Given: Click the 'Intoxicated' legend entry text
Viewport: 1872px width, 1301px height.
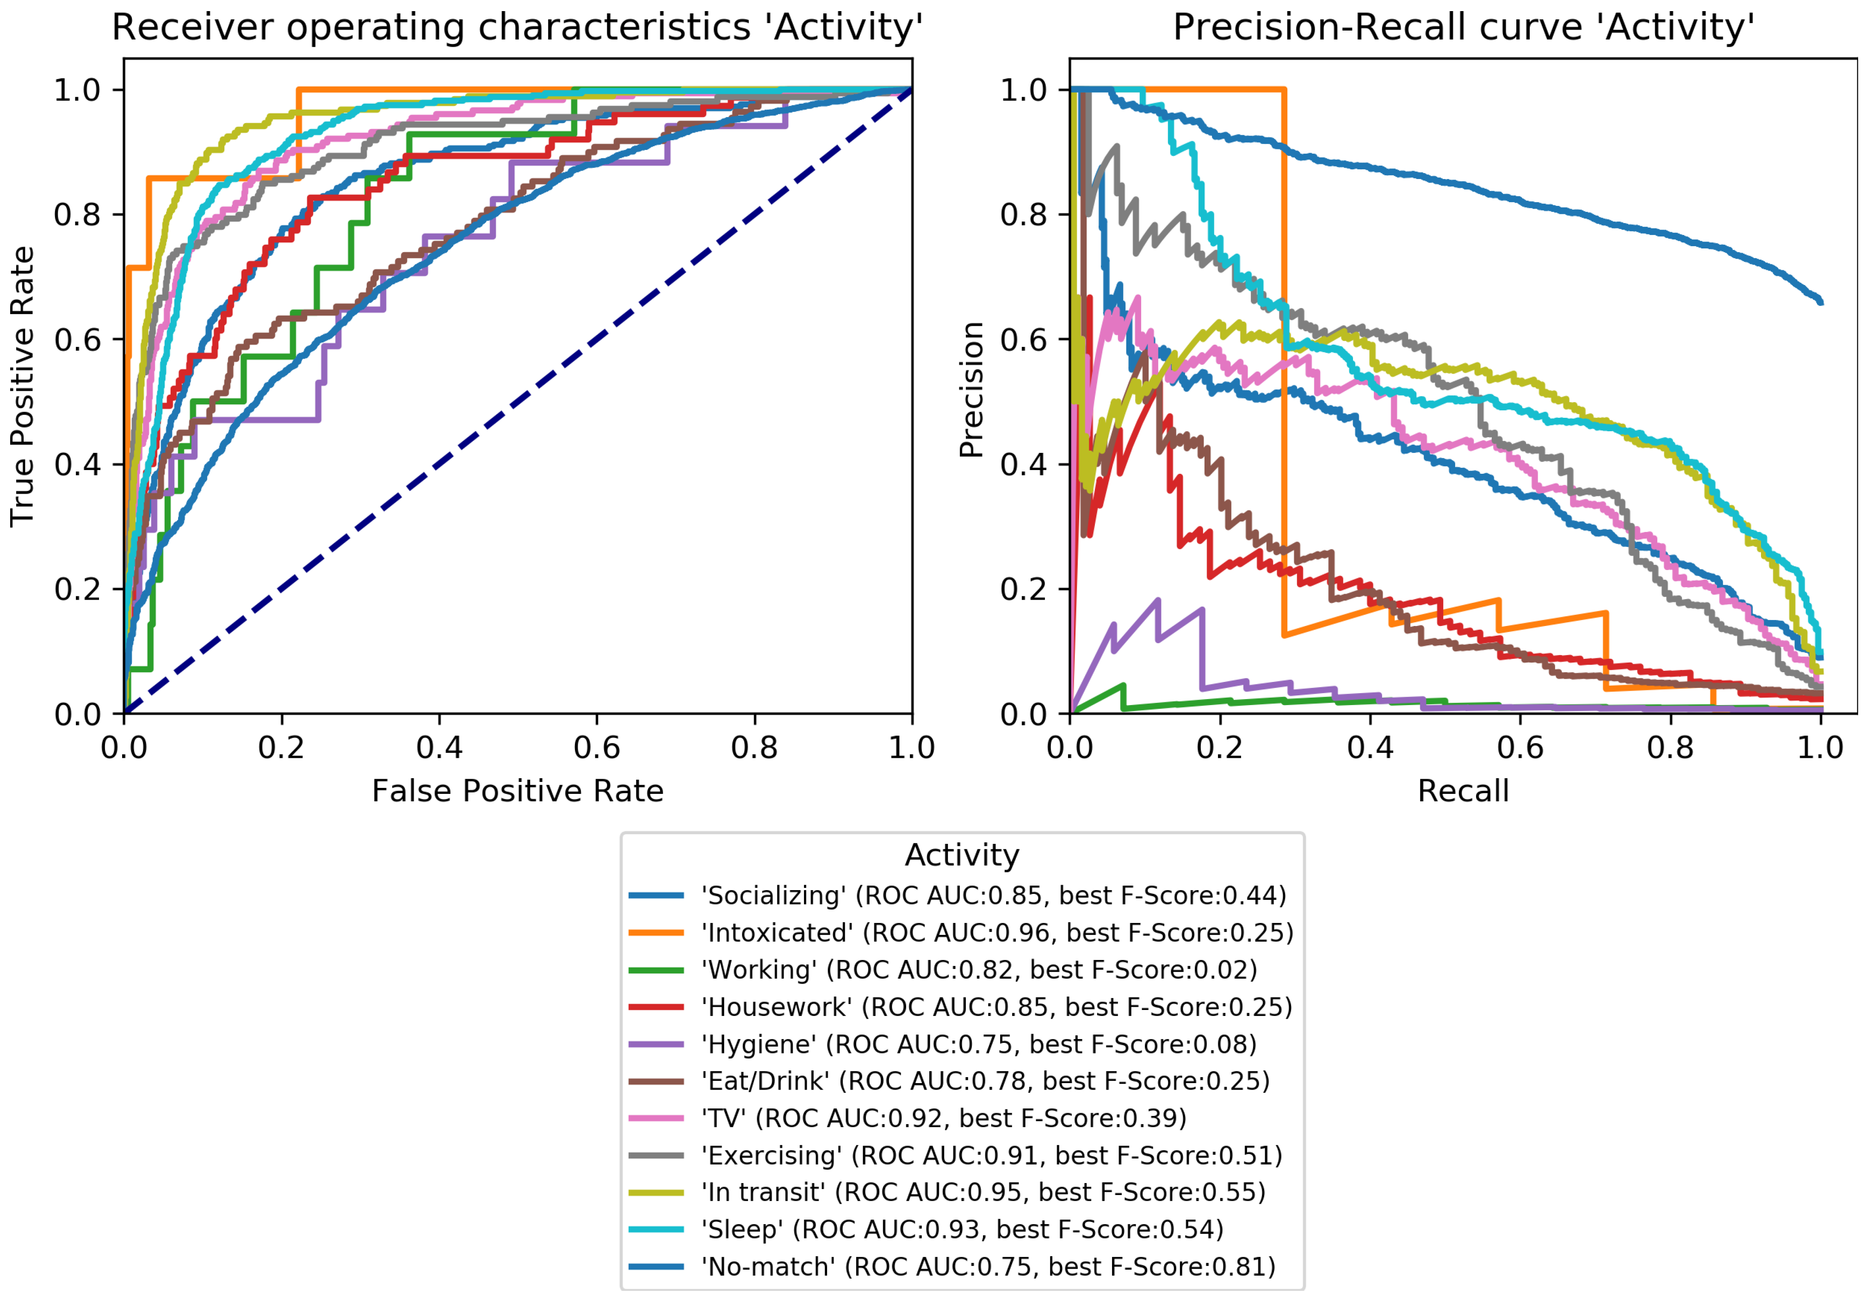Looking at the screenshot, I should [997, 933].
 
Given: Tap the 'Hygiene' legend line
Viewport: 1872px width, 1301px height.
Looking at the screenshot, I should [655, 1044].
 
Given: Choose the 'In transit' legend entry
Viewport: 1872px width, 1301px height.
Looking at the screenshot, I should [983, 1192].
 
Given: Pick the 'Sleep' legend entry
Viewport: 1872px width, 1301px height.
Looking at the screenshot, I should [962, 1229].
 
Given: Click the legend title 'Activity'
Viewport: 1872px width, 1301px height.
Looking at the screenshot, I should [962, 855].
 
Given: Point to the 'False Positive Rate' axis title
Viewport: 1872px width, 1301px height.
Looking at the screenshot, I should [518, 791].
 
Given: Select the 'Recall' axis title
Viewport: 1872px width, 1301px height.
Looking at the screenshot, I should [1463, 791].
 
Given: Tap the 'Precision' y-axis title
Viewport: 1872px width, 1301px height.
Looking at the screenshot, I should [971, 390].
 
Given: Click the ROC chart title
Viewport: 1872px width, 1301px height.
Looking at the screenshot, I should [518, 27].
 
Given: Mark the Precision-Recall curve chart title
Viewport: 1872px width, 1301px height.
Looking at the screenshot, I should [1463, 27].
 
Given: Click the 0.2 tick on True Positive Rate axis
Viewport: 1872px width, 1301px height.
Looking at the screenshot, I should [77, 589].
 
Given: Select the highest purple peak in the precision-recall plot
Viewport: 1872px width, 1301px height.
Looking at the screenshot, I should [1158, 601].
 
